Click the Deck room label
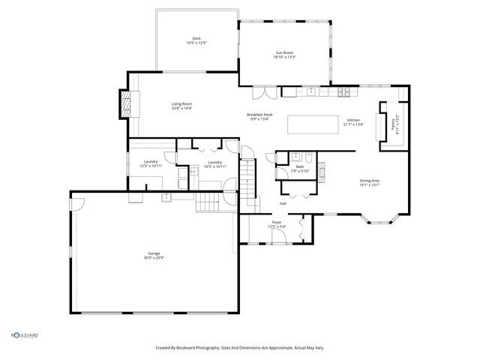[196, 40]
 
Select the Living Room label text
[182, 106]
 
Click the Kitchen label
[353, 122]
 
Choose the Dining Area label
[369, 182]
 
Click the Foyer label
[277, 224]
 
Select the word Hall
[283, 204]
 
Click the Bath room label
[299, 169]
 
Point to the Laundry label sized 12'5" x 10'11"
[151, 163]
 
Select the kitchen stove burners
[344, 92]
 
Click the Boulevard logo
[24, 335]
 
